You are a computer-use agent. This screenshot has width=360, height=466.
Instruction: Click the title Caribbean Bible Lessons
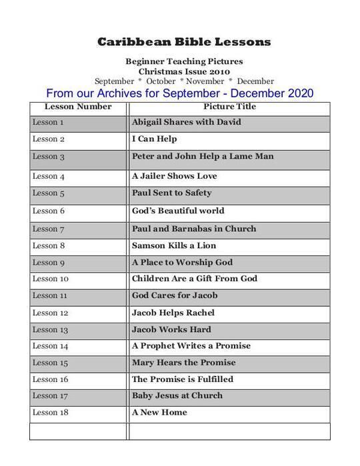coord(184,42)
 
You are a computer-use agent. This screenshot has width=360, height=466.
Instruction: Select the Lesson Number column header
coord(78,107)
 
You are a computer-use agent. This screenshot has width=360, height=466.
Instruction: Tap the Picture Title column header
coord(229,107)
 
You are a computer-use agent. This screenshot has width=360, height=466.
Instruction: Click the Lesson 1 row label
coord(49,123)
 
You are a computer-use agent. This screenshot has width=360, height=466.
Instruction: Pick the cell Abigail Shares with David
coord(187,123)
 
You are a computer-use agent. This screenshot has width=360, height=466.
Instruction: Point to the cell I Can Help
coord(154,139)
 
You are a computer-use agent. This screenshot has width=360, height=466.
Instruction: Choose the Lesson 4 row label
coord(49,177)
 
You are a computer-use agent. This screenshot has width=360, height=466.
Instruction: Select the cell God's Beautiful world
coord(178,211)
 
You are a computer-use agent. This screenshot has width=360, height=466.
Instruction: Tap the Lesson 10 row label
coord(51,279)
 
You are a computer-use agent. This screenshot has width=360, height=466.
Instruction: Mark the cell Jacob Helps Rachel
coord(173,313)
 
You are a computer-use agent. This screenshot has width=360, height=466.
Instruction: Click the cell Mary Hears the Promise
coord(183,363)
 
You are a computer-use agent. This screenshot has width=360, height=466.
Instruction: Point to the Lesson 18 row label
coord(51,413)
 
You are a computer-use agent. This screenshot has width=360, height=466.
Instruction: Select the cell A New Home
coord(159,413)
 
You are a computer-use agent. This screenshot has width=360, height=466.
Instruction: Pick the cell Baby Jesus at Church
coord(177,395)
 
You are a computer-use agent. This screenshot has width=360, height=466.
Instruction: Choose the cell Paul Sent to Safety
coord(171,193)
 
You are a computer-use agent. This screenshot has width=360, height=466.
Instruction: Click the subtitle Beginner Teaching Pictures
coord(184,61)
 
